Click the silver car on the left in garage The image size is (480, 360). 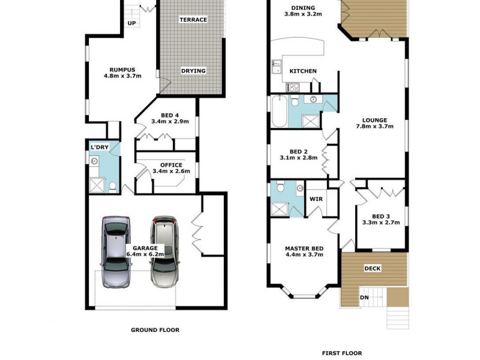pos(116,252)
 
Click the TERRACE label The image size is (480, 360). pos(193,20)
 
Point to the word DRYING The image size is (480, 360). pos(193,71)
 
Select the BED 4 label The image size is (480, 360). pos(170,115)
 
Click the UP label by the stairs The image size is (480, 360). pos(132,23)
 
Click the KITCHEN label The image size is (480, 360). pos(303,71)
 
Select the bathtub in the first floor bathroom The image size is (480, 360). pos(279,112)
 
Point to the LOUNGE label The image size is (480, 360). pos(374,119)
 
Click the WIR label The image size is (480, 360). pos(316,199)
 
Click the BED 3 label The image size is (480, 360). pos(381,217)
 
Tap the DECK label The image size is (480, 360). pos(373,268)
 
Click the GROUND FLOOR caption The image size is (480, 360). pos(155,329)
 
